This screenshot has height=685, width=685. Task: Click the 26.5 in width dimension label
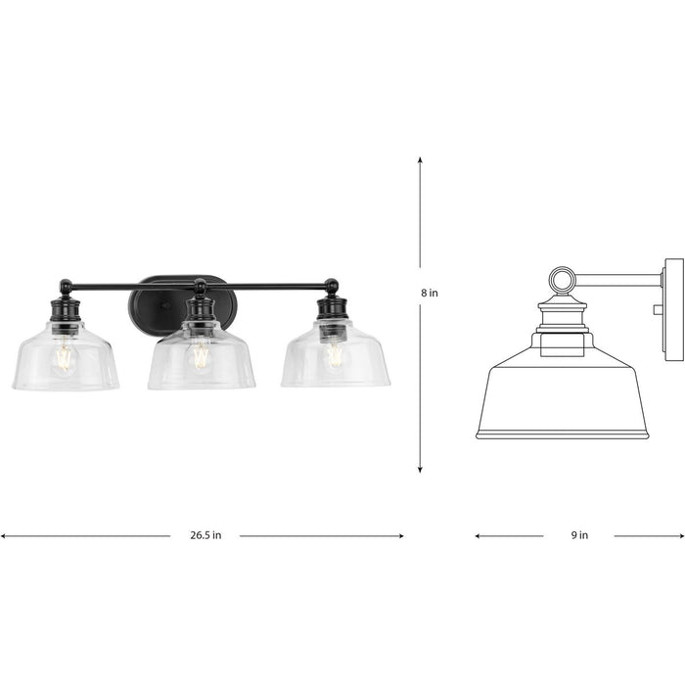coord(205,535)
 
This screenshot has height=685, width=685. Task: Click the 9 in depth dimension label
coord(578,535)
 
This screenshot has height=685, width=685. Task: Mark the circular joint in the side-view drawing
coord(561,282)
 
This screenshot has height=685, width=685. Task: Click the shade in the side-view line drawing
coord(562,396)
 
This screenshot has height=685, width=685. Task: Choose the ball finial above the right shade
coord(333,286)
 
